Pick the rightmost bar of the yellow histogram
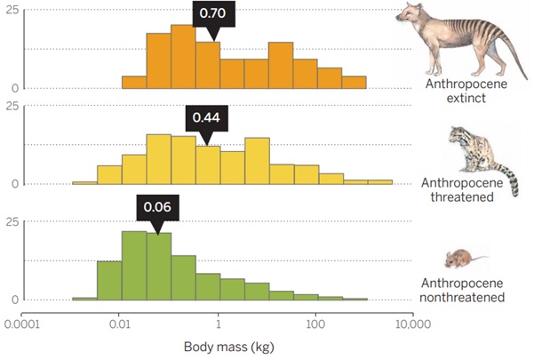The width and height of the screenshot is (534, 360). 380,182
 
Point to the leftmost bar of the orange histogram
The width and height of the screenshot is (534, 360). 134,82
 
